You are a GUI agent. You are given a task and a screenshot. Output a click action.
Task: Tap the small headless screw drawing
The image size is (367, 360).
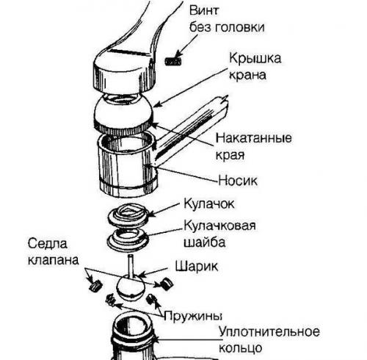click(174, 60)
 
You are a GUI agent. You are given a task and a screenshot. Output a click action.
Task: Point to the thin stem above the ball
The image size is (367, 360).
click(128, 264)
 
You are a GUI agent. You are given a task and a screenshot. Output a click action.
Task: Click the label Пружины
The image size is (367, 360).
click(195, 316)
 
